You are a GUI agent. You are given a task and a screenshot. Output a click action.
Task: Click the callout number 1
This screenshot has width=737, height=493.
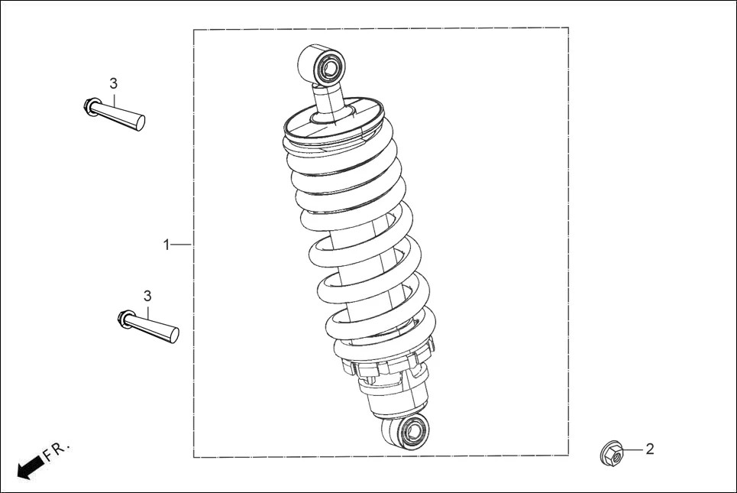166,245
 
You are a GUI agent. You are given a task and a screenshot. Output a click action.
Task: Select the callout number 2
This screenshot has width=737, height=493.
650,449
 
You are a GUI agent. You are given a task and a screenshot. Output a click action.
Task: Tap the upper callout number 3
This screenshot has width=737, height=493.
113,83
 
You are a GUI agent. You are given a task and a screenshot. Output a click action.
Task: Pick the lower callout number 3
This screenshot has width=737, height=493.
147,296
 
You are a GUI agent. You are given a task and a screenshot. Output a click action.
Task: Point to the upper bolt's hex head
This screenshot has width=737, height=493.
90,106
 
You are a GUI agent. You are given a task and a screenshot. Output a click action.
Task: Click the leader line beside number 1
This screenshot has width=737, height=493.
181,245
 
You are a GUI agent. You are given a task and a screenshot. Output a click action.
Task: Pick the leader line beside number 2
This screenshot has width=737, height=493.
632,449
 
